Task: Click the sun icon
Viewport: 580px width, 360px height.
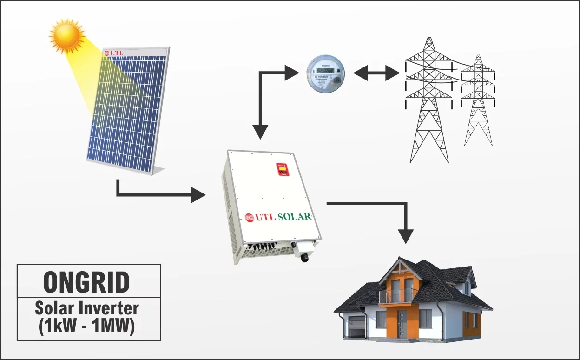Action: click(x=66, y=35)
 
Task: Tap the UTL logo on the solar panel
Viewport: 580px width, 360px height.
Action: click(x=114, y=53)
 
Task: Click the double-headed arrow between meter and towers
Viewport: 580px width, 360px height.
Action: click(x=376, y=73)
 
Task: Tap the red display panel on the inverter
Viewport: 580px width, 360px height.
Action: click(x=282, y=169)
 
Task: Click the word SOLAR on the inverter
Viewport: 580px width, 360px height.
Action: click(x=294, y=217)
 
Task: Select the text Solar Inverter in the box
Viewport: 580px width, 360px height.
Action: click(x=87, y=308)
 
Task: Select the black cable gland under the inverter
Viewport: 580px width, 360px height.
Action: click(x=305, y=257)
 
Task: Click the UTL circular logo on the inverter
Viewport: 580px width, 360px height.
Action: click(x=250, y=217)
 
